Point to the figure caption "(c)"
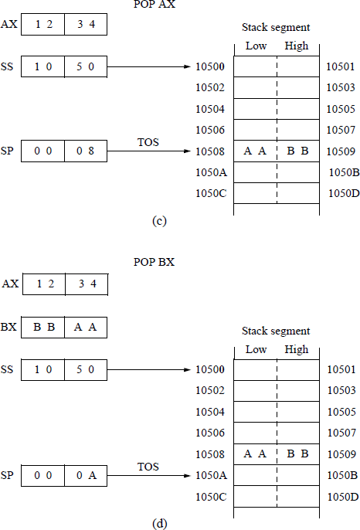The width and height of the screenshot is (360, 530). pyautogui.click(x=159, y=222)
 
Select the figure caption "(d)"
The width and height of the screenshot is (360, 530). pyautogui.click(x=159, y=524)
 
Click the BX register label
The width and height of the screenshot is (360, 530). pyautogui.click(x=11, y=328)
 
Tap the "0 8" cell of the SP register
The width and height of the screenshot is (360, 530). pyautogui.click(x=86, y=151)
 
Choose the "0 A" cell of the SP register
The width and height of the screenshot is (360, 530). pyautogui.click(x=86, y=475)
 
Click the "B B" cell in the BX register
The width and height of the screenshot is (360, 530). pyautogui.click(x=43, y=328)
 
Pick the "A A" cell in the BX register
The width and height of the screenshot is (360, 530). pyautogui.click(x=86, y=328)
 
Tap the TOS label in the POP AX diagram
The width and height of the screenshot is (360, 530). pyautogui.click(x=148, y=142)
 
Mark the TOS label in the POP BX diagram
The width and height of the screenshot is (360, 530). pyautogui.click(x=148, y=467)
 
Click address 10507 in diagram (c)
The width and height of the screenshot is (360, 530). pyautogui.click(x=341, y=130)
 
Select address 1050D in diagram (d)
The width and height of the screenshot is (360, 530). pyautogui.click(x=344, y=494)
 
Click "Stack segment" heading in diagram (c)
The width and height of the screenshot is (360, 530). pyautogui.click(x=276, y=27)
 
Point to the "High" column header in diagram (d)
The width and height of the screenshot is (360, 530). pyautogui.click(x=297, y=349)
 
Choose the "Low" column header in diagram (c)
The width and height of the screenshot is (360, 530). pyautogui.click(x=256, y=46)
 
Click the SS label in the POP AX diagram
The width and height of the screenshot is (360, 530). pyautogui.click(x=11, y=67)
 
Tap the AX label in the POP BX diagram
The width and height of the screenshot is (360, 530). pyautogui.click(x=11, y=284)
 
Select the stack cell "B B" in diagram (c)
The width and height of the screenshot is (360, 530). pyautogui.click(x=297, y=151)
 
